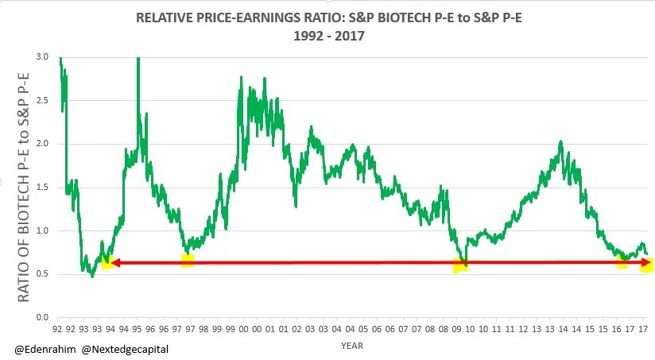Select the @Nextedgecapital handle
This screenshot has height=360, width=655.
pos(125,350)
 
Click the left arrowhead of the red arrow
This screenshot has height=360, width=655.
pos(114,262)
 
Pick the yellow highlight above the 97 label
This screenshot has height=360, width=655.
pos(188,261)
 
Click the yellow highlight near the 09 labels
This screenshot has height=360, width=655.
pos(460,265)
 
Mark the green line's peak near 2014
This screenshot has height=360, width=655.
pos(561,142)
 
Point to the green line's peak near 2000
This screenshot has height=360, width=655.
pos(241,77)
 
